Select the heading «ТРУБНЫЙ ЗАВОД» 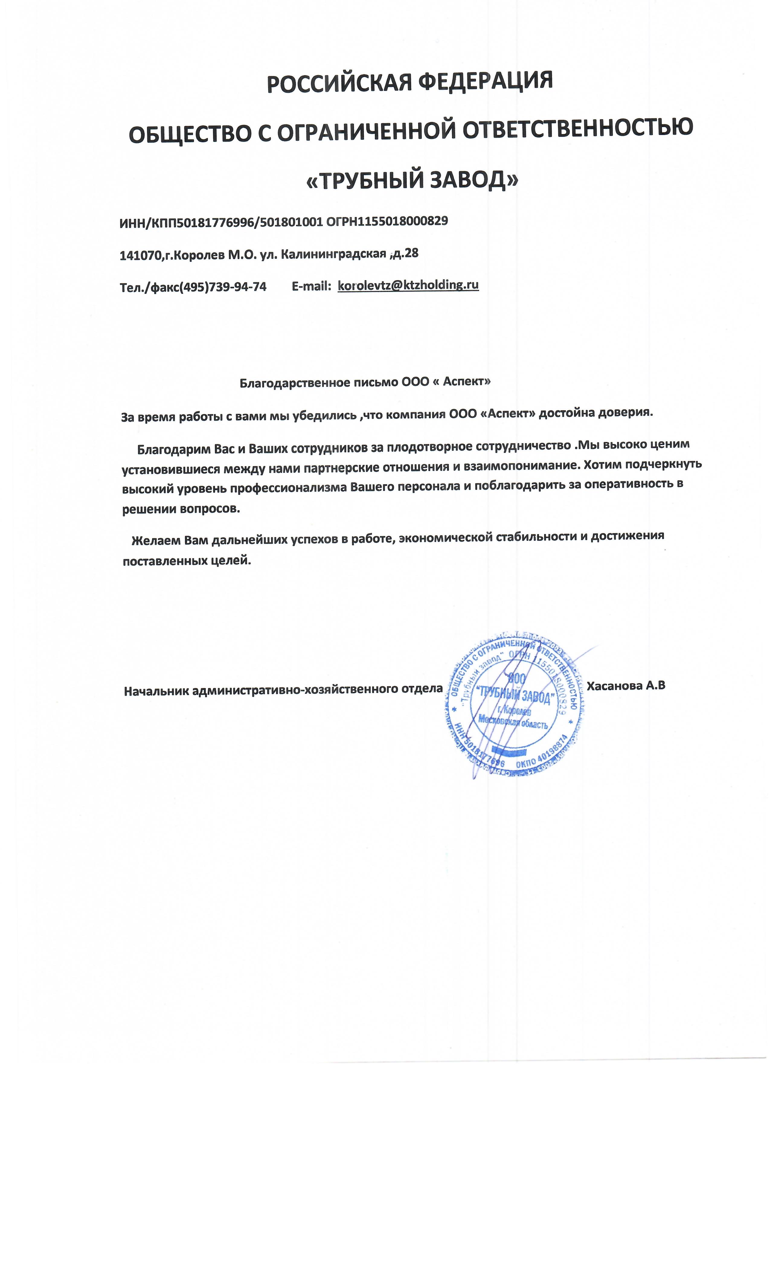[412, 180]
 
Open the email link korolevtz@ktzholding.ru [408, 285]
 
